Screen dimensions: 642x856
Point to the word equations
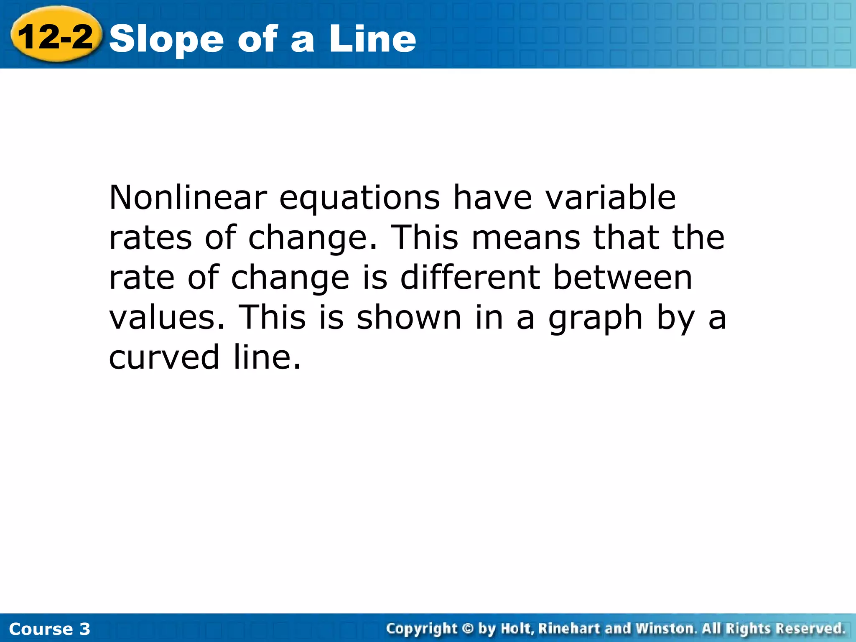point(359,198)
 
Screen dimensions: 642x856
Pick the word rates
point(150,237)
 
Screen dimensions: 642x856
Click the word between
point(622,277)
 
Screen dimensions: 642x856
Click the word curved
point(164,357)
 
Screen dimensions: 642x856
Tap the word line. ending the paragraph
point(267,357)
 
